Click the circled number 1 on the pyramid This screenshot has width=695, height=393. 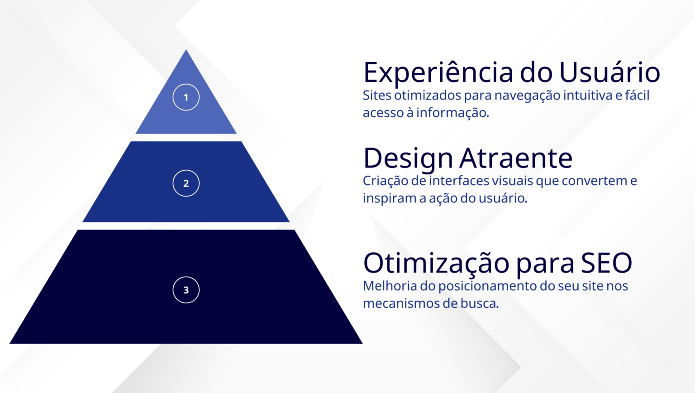pyautogui.click(x=186, y=97)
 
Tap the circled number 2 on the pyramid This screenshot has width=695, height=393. pyautogui.click(x=186, y=183)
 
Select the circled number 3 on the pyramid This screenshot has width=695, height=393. pyautogui.click(x=186, y=290)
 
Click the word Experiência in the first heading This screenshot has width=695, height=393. pyautogui.click(x=438, y=72)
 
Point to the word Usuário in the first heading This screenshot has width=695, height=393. pyautogui.click(x=609, y=72)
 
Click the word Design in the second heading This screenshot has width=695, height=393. pyautogui.click(x=408, y=158)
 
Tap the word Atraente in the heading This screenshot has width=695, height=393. pyautogui.click(x=516, y=158)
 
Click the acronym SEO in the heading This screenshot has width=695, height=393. pyautogui.click(x=606, y=263)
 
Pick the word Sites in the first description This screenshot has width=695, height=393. pyautogui.click(x=377, y=95)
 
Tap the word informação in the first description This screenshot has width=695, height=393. pyautogui.click(x=452, y=113)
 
